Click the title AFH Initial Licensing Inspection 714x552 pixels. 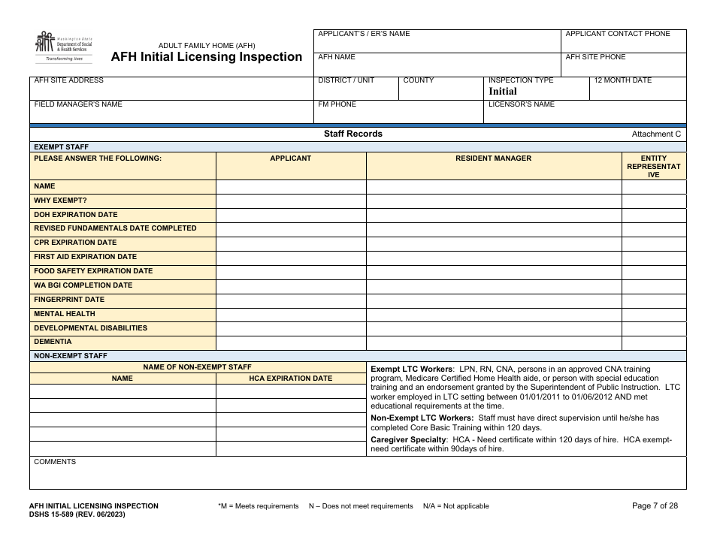tap(207, 57)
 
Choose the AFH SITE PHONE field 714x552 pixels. tap(623, 65)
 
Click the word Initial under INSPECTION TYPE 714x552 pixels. tap(503, 92)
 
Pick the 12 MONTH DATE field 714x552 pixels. tap(638, 89)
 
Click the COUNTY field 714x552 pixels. tap(440, 89)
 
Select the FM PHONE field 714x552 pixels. tap(398, 113)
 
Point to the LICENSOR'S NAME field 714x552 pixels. tap(585, 113)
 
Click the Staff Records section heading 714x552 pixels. tap(353, 134)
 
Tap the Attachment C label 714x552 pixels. tap(656, 134)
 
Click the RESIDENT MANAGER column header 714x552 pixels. tap(493, 158)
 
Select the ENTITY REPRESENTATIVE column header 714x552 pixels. tap(653, 167)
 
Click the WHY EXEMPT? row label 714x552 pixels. tap(61, 201)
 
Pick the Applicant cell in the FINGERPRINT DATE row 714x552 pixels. tap(291, 300)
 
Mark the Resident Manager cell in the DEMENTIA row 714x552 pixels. tap(493, 342)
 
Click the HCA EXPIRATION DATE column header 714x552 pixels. tap(291, 379)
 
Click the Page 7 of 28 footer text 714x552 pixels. tap(655, 506)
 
